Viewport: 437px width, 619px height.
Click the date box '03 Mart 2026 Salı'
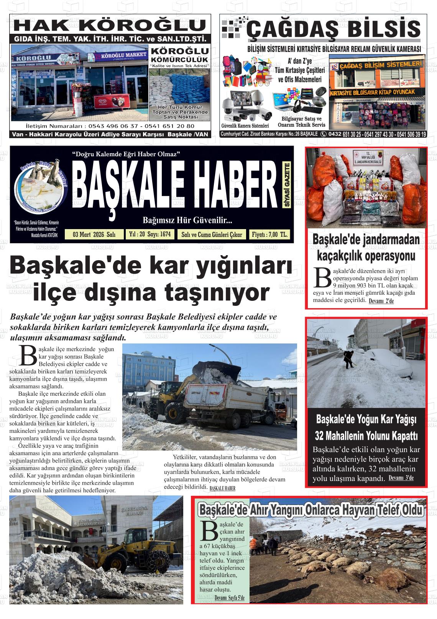pos(94,234)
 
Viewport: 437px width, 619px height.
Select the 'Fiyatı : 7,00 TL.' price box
pos(269,234)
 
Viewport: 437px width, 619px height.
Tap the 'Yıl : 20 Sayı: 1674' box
pos(150,234)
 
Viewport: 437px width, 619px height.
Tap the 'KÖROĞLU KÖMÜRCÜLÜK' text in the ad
pos(179,55)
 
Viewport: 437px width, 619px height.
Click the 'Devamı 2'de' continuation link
pos(381,301)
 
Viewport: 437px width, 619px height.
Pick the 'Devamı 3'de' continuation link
pos(401,478)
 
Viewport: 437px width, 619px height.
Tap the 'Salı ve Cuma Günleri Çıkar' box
pos(212,234)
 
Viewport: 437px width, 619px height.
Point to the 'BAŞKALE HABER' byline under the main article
pos(222,488)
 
